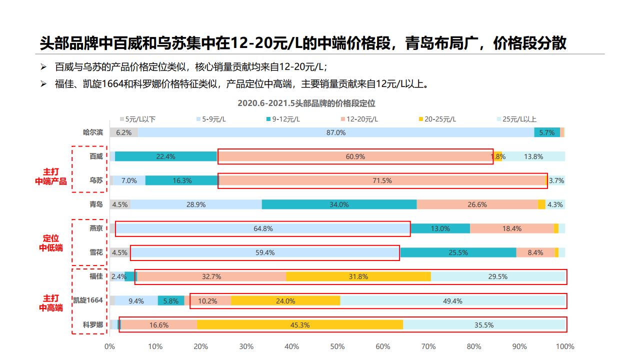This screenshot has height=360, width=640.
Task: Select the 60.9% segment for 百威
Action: pyautogui.click(x=355, y=156)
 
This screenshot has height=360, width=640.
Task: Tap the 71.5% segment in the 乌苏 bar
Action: pyautogui.click(x=382, y=180)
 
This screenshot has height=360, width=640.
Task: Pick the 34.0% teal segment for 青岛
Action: pyautogui.click(x=339, y=204)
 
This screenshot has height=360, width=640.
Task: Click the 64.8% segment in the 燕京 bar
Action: pyautogui.click(x=263, y=228)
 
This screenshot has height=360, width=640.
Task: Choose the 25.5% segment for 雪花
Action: pyautogui.click(x=458, y=252)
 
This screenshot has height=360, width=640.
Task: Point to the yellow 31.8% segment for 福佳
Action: pyautogui.click(x=357, y=276)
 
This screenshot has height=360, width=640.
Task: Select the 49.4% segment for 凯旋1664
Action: pyautogui.click(x=452, y=301)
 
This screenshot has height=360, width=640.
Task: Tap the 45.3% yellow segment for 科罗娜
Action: pyautogui.click(x=300, y=325)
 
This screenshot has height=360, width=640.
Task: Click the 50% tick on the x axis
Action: pyautogui.click(x=337, y=346)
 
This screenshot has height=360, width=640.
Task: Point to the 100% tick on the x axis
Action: pyautogui.click(x=565, y=346)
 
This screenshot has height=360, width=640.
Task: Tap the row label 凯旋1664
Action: pyautogui.click(x=88, y=300)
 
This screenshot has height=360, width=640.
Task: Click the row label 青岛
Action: pyautogui.click(x=96, y=204)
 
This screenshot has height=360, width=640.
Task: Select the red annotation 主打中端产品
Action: pyautogui.click(x=50, y=176)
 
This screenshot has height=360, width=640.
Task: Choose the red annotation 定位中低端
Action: pyautogui.click(x=50, y=242)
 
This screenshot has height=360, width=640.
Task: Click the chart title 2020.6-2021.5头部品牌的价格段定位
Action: pyautogui.click(x=306, y=103)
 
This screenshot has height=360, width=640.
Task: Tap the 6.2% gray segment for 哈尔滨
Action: pyautogui.click(x=124, y=132)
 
